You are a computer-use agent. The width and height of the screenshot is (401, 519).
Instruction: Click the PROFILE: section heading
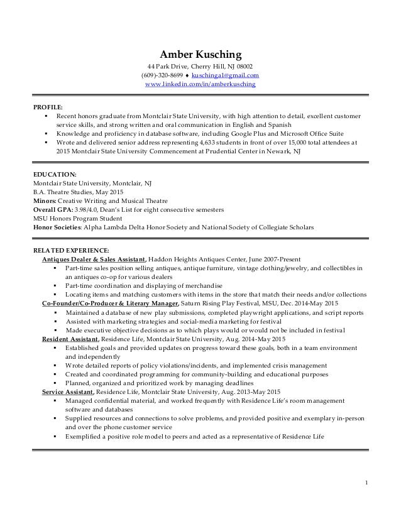[48, 107]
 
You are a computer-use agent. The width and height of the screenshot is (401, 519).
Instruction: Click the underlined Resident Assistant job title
[69, 337]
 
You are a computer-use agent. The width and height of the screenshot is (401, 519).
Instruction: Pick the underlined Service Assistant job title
[67, 391]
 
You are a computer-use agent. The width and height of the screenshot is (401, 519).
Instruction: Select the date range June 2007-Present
[270, 259]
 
